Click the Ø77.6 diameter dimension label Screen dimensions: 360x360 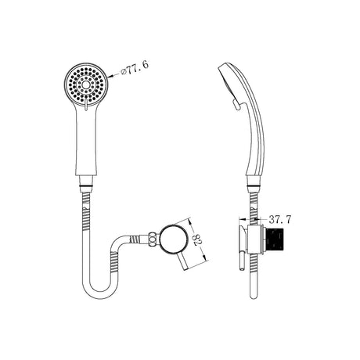[135, 68]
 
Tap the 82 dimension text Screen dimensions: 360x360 [197, 240]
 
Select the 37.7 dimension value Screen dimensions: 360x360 [280, 220]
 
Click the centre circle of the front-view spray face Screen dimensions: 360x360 [85, 85]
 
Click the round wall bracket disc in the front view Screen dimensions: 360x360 [174, 239]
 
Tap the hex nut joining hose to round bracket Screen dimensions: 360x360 [153, 239]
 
